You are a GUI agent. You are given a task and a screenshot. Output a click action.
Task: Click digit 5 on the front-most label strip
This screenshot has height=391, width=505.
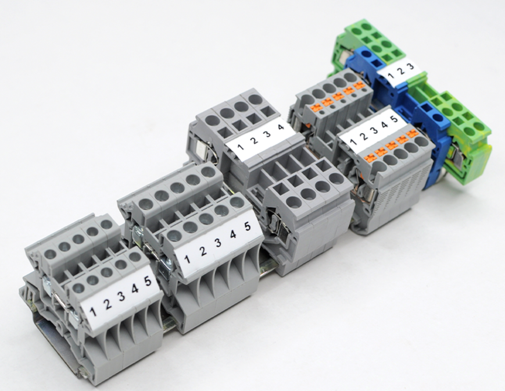click(x=148, y=282)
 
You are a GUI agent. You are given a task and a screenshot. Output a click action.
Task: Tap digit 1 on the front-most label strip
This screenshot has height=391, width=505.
click(x=94, y=312)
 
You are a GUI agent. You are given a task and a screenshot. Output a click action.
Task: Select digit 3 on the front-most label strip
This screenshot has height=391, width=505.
click(x=121, y=296)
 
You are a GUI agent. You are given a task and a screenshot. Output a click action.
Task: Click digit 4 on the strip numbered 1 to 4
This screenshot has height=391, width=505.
click(x=281, y=127)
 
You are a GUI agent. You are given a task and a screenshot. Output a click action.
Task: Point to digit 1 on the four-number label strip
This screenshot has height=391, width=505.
click(x=240, y=147)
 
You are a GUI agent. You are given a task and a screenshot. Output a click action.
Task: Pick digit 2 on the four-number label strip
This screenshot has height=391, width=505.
click(x=254, y=141)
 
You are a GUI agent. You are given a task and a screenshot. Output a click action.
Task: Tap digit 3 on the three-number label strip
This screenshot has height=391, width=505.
click(x=411, y=66)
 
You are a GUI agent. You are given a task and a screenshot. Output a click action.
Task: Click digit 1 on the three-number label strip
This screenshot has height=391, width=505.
click(x=391, y=76)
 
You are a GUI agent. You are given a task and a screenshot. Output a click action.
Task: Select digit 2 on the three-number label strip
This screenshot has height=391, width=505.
click(x=401, y=71)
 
